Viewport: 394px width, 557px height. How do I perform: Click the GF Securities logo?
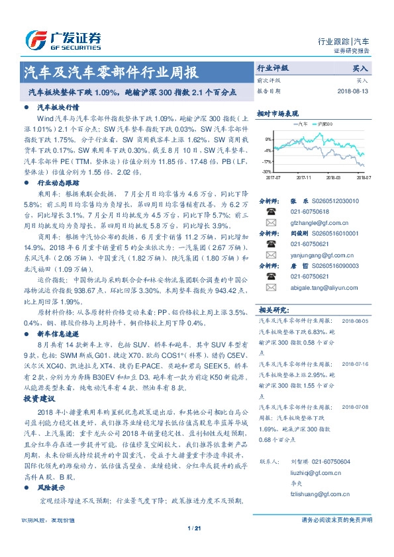click(x=64, y=40)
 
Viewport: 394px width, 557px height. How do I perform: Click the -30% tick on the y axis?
click(x=266, y=172)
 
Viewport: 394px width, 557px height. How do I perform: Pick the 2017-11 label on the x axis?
click(x=305, y=177)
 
